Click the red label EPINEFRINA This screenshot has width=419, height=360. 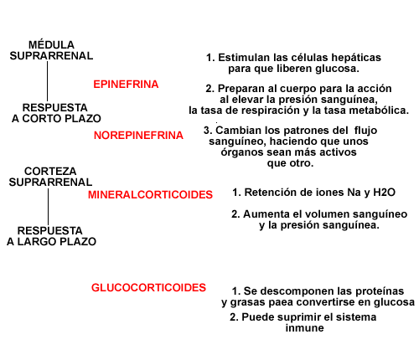coord(126,85)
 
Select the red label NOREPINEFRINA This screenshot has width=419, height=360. coord(138,136)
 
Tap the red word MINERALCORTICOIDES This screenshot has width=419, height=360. coord(150,194)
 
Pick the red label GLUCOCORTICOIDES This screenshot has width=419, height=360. coord(148,288)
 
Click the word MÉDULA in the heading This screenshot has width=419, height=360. coord(51,44)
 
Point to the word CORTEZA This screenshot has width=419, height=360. coord(50,171)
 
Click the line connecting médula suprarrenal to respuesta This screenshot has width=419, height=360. coord(47,81)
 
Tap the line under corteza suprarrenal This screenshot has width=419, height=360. coord(48,207)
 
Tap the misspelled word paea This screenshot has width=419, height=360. coord(282,302)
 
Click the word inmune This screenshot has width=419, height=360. coord(305,328)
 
